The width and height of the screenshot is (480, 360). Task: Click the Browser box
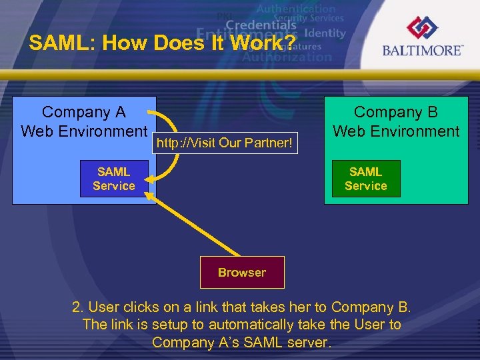(x=242, y=272)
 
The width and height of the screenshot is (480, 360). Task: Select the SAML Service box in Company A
(x=113, y=179)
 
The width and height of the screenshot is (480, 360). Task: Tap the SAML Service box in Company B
(x=366, y=179)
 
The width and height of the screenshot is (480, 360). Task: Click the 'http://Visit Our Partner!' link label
(x=225, y=143)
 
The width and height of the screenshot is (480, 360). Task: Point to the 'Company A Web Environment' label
(x=84, y=121)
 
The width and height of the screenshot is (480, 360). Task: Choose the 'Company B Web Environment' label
(x=396, y=122)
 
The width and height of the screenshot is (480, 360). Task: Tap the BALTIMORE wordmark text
(x=422, y=51)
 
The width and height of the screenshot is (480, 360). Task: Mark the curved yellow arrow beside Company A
(x=175, y=147)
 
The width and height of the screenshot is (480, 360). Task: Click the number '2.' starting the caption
(x=78, y=307)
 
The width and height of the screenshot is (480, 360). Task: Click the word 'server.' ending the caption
(x=307, y=342)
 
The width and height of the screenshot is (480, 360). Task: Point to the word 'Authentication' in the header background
(x=295, y=9)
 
